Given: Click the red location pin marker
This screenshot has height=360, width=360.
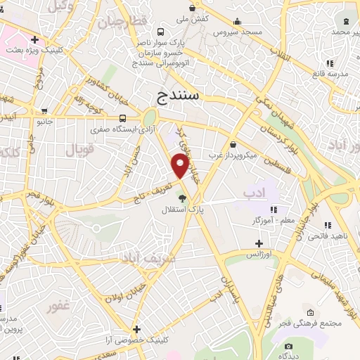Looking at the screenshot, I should tap(181, 166).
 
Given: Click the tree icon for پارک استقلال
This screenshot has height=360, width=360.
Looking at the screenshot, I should tap(182, 198).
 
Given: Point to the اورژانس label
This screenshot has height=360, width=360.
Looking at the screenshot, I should tap(259, 253).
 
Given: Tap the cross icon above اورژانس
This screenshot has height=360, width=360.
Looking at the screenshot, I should tap(259, 243).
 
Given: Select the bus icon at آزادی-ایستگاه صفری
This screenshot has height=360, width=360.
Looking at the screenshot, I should tap(123, 118).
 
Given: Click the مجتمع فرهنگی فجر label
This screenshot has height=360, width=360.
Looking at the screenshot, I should tap(311, 323).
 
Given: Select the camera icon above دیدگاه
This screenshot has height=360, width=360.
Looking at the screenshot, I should tap(288, 346).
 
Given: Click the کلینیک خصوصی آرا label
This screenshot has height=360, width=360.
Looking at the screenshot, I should tap(138, 340).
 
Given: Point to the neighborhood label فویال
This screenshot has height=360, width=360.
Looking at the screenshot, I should tap(79, 150).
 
